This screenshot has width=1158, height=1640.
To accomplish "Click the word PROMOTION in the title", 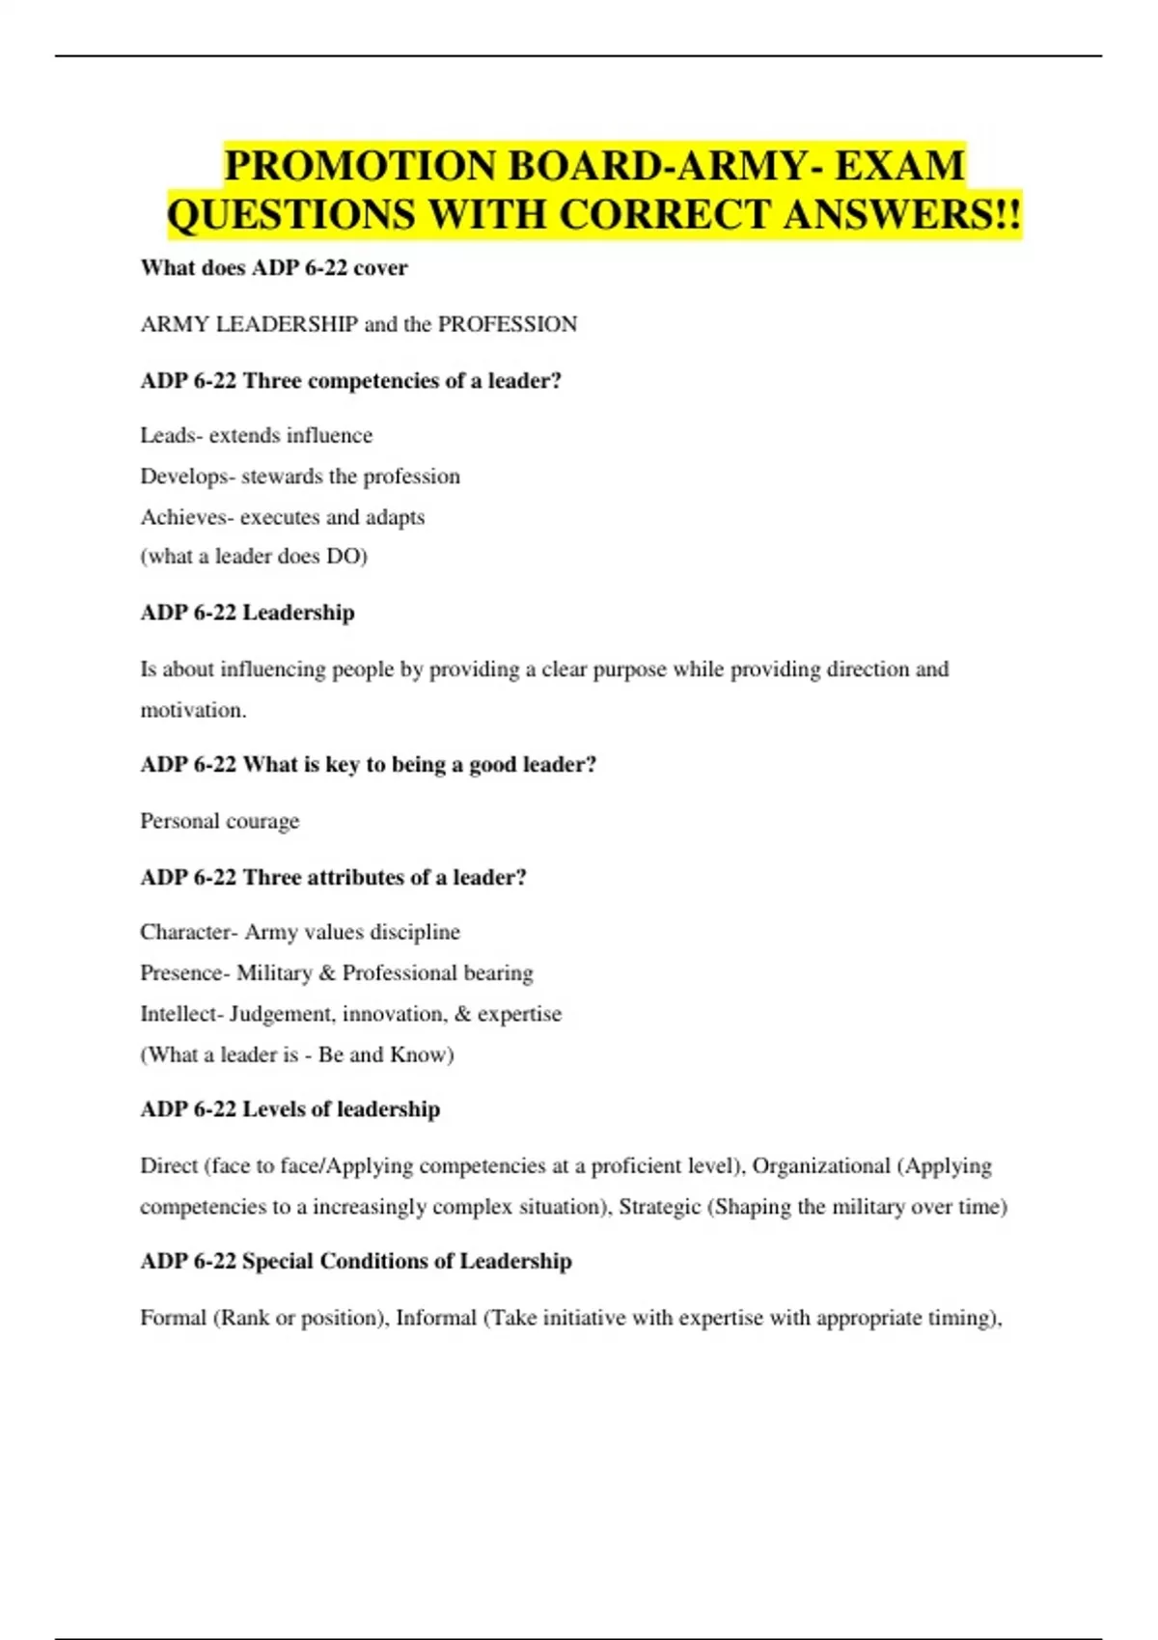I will click(x=358, y=166).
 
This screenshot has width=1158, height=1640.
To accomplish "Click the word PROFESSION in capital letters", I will click(x=508, y=324).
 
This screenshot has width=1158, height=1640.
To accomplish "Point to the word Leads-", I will click(x=171, y=435).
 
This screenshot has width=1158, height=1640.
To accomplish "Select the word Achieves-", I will click(x=186, y=517).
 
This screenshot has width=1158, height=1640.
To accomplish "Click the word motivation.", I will click(x=193, y=710).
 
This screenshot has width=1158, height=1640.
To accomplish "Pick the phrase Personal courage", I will click(x=220, y=821).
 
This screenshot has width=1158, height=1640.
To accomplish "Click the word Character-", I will click(x=188, y=932).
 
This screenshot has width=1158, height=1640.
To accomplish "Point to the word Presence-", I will click(x=184, y=972).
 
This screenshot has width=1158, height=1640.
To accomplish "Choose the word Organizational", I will click(x=821, y=1165).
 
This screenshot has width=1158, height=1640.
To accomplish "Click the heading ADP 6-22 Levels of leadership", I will click(x=289, y=1109).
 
